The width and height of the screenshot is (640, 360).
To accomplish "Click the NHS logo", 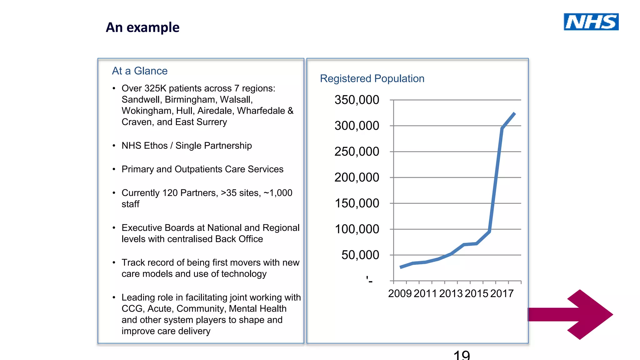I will [591, 22].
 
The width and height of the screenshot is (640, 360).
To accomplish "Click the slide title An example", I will [142, 27].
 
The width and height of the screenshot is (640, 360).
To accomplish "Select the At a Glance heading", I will [140, 71].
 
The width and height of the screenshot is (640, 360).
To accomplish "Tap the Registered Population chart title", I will [372, 78].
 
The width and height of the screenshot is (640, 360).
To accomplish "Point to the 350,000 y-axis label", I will [357, 100].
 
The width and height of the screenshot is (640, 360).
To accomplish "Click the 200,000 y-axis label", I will [357, 177].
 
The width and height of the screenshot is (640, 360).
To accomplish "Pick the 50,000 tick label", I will [360, 255].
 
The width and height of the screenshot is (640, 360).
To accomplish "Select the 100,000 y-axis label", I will [357, 229].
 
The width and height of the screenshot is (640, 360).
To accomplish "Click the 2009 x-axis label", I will [400, 294].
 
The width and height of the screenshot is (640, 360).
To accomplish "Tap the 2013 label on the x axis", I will [451, 294].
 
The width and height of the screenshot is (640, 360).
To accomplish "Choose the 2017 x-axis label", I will [502, 294].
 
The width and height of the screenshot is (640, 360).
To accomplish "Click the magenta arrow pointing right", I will [575, 314].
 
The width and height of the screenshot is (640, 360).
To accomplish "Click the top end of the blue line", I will [514, 113].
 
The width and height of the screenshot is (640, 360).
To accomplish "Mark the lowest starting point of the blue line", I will [401, 267].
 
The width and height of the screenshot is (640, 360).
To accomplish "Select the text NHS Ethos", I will [144, 146].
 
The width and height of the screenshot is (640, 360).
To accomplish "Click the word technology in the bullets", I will [244, 274].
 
